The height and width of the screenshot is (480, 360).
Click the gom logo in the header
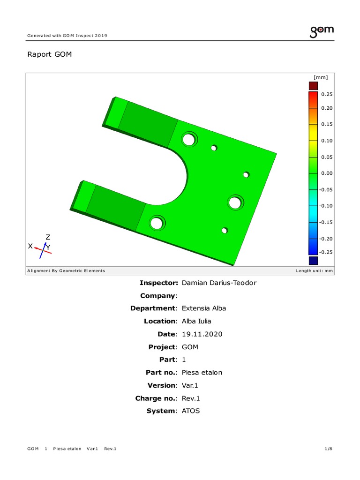(x=322, y=31)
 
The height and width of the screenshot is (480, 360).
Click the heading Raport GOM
(x=50, y=54)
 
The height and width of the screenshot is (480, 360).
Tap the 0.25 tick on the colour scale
(x=327, y=94)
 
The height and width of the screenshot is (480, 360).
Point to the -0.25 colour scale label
(x=326, y=252)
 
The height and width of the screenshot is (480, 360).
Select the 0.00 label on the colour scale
(x=327, y=173)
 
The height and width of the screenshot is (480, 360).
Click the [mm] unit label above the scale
(x=321, y=77)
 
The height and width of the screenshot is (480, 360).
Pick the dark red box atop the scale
(x=313, y=86)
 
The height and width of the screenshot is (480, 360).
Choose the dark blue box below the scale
(x=313, y=261)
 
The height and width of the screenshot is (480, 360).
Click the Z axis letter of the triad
(x=48, y=237)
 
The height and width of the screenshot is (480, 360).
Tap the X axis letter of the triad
(x=30, y=246)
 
